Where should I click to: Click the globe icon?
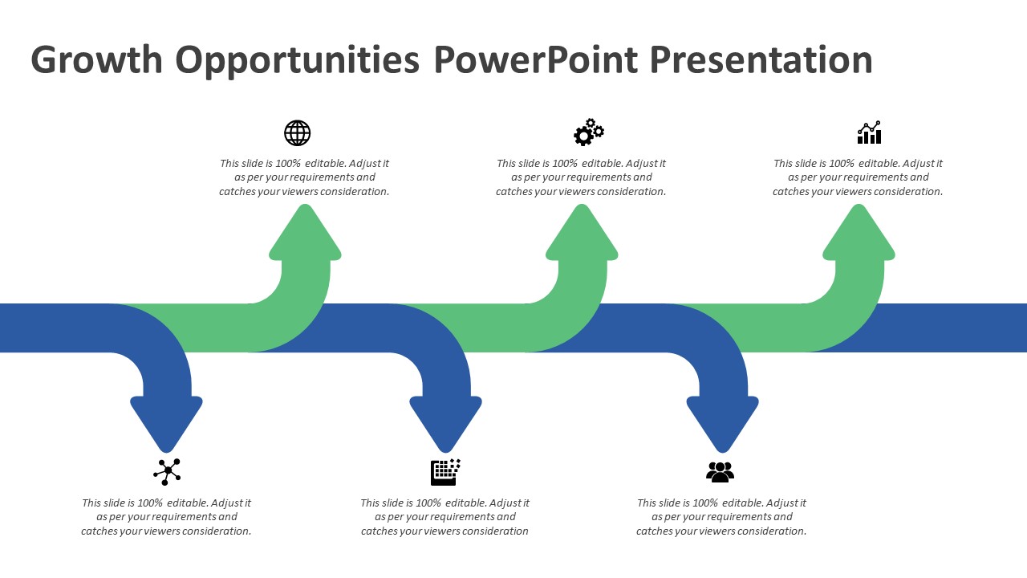coord(297,133)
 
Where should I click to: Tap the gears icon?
coord(588,132)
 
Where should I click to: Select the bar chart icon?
coord(869,133)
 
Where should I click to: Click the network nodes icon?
coord(167,471)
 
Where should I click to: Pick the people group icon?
coord(720,472)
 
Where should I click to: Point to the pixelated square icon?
coord(445,472)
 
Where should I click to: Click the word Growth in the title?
coord(96,60)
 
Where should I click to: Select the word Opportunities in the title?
coord(297,60)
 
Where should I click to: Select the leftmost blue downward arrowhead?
coord(166,421)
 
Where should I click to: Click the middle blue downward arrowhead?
coord(445,421)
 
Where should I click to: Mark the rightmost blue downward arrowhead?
coord(722,421)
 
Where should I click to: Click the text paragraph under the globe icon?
coord(304,177)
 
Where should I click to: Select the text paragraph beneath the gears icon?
coord(581,177)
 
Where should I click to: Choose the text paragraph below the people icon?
coord(721,517)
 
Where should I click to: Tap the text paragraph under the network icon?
coord(166,517)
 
